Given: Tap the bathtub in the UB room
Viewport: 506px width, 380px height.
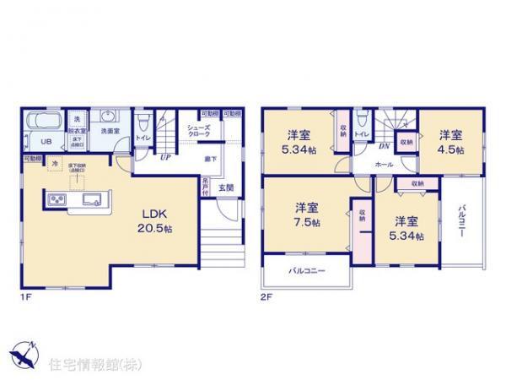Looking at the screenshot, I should click(41, 127).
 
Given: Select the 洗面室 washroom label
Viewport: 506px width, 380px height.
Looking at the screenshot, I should click(106, 131).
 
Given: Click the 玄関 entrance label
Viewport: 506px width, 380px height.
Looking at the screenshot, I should click(227, 187).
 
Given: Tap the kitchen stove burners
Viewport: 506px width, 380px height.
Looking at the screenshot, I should click(57, 199).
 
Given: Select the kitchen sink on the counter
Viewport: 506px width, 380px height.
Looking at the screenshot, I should click(90, 199).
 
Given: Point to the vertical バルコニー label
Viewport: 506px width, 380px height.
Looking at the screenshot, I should click(462, 221).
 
